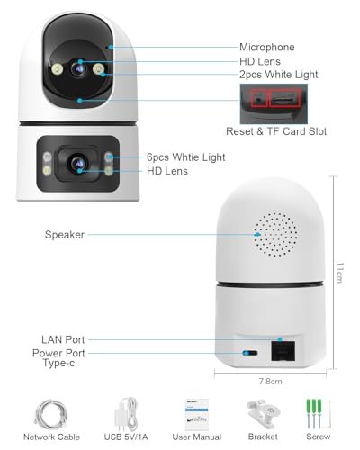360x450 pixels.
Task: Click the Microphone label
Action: click(267, 47)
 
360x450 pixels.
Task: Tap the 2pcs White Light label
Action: click(279, 75)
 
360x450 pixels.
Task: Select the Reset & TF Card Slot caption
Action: click(276, 131)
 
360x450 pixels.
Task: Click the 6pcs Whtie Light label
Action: click(186, 157)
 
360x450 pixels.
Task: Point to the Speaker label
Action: click(65, 235)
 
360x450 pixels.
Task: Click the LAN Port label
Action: click(63, 339)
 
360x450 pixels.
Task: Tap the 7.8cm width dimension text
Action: click(270, 382)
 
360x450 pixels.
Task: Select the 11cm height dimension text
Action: click(339, 273)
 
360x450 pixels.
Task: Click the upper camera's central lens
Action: click(79, 69)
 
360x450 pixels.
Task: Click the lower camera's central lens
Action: click(78, 164)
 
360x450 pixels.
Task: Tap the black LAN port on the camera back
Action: click(283, 350)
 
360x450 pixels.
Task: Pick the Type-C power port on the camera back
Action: click(250, 353)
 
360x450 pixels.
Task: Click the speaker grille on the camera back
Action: click(275, 235)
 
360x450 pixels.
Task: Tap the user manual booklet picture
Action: click(197, 415)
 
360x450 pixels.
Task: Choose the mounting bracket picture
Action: click(264, 414)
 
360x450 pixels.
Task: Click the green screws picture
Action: click(318, 414)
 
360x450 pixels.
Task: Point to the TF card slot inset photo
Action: click(274, 103)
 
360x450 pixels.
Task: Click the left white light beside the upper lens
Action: click(57, 69)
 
